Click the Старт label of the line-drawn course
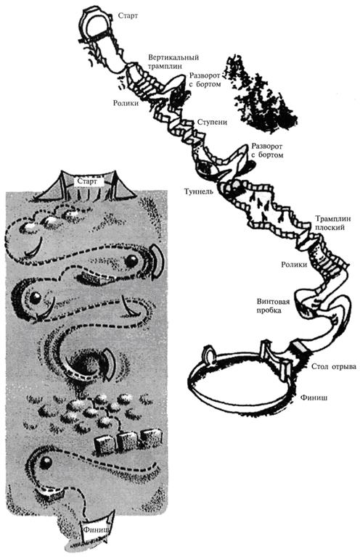pos(128,16)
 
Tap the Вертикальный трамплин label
pos(173,62)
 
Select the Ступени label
pos(212,122)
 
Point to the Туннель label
pos(199,191)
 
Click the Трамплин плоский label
pos(333,223)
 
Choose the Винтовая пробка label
pos(274,306)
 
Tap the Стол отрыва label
pos(334,366)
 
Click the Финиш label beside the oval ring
pos(314,397)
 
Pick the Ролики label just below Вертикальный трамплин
pos(126,104)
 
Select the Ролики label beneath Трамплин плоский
pos(294,264)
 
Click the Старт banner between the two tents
pos(87,181)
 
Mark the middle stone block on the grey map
pos(128,440)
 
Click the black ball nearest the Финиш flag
pos(46,463)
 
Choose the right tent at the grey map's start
pos(120,185)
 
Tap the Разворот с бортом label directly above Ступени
pos(205,80)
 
